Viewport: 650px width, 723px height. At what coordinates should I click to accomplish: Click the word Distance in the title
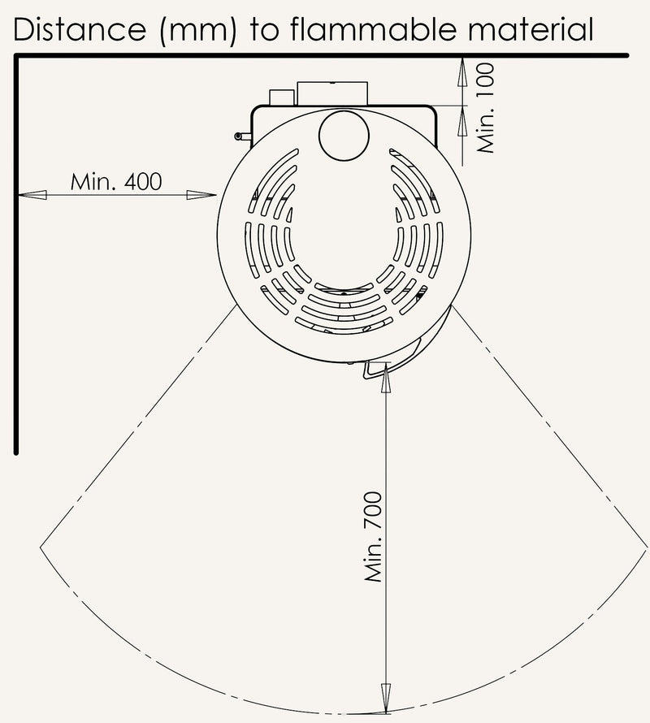pyautogui.click(x=80, y=29)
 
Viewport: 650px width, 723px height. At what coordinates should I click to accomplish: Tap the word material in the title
pyautogui.click(x=531, y=29)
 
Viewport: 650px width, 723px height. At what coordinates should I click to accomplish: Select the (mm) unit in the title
pyautogui.click(x=197, y=31)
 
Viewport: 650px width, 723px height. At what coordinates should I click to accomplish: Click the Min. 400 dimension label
pyautogui.click(x=116, y=182)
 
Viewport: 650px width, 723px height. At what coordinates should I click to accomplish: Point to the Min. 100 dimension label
pyautogui.click(x=486, y=108)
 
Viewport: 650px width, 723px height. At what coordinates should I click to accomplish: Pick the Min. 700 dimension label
pyautogui.click(x=373, y=537)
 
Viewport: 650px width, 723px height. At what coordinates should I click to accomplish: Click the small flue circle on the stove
pyautogui.click(x=344, y=135)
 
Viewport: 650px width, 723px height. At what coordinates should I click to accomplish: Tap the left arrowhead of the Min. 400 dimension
pyautogui.click(x=32, y=195)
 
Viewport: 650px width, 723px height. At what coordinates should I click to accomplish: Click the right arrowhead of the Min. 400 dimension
pyautogui.click(x=201, y=195)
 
